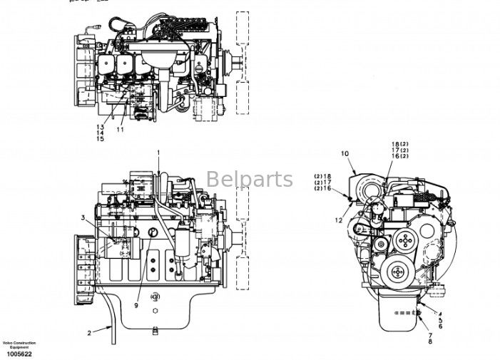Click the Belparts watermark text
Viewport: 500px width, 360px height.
click(250, 180)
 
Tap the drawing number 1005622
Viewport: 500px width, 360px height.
click(19, 353)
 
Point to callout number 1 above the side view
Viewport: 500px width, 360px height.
click(159, 153)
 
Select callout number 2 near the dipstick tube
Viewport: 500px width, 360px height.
click(90, 333)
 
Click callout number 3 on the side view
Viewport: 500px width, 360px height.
click(83, 217)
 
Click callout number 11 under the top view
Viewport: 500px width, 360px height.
click(121, 130)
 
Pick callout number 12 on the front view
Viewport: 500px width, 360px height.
click(340, 221)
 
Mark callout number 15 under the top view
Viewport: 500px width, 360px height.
click(101, 139)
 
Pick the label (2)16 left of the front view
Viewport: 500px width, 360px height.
click(323, 189)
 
